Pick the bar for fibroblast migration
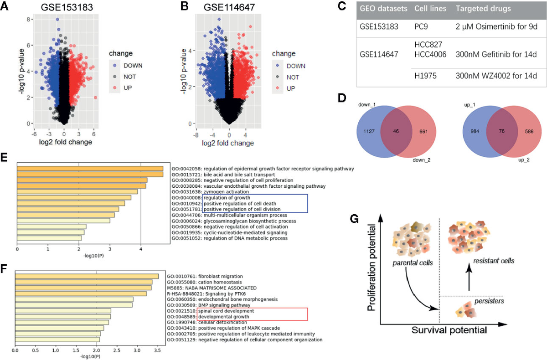click(87, 276)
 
